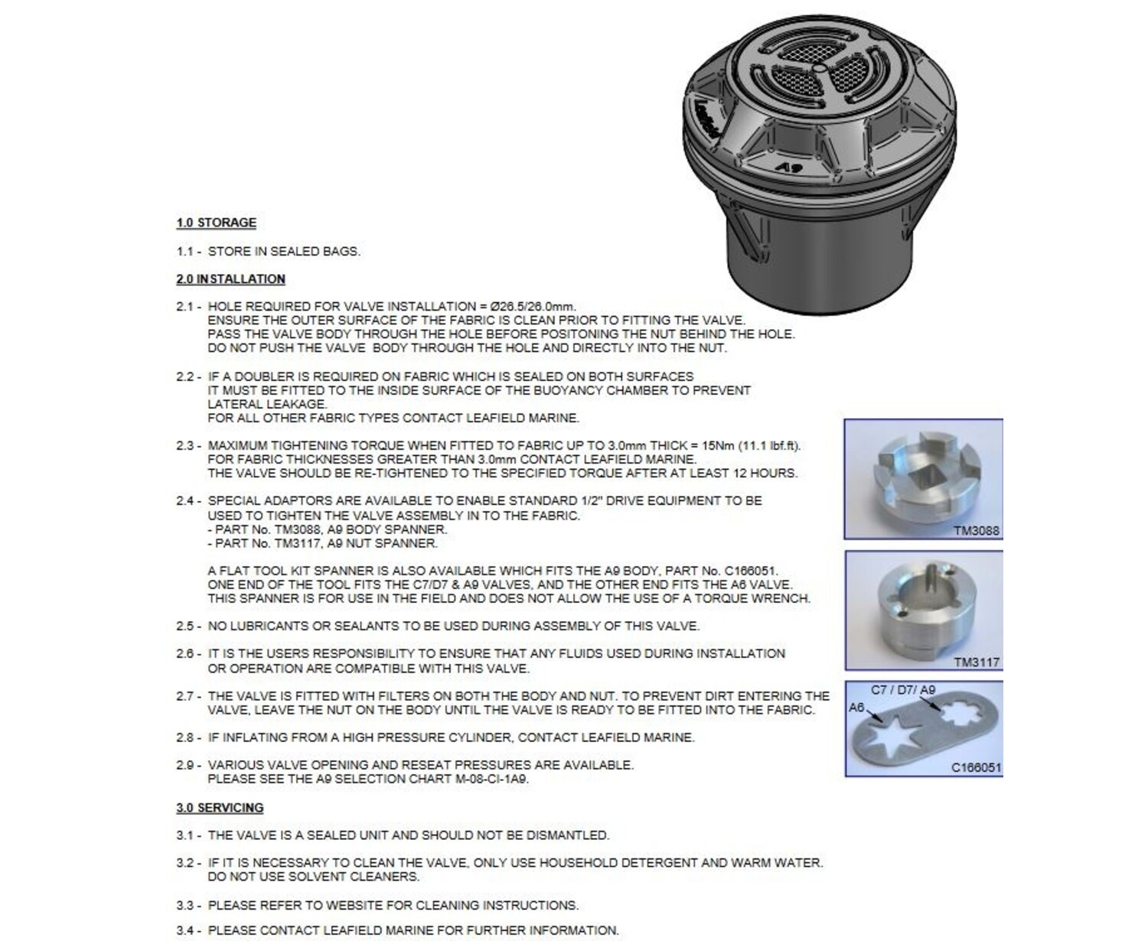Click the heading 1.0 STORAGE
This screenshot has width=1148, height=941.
(x=216, y=223)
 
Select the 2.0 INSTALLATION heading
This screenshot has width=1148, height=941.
(x=230, y=279)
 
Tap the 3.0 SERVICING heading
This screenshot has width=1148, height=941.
(x=220, y=808)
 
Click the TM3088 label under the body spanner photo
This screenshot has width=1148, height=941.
(x=976, y=530)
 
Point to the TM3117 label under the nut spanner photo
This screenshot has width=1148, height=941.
(x=976, y=663)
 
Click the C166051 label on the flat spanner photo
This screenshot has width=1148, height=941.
(x=976, y=767)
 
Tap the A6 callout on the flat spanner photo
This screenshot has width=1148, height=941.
(x=856, y=708)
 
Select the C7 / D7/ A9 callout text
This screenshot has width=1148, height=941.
(x=903, y=690)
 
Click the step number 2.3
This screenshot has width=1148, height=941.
(x=185, y=446)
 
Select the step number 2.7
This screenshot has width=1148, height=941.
(x=185, y=696)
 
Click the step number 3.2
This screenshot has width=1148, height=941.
(x=185, y=863)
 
